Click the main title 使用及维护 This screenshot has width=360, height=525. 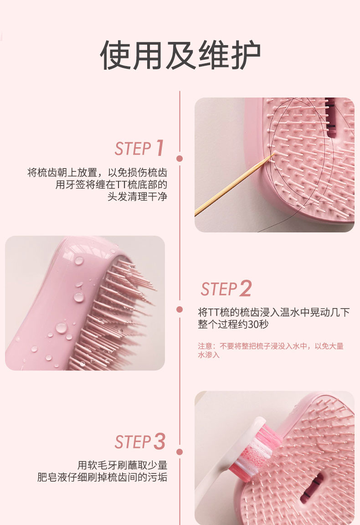click(180, 55)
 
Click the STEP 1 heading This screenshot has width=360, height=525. click(139, 149)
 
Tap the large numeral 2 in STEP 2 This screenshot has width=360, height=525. click(245, 288)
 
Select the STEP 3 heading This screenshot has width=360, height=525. click(140, 442)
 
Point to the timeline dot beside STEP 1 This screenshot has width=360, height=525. click(180, 159)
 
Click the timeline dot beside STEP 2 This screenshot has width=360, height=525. click(180, 309)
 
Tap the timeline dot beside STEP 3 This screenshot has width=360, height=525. click(180, 452)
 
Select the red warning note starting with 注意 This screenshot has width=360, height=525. click(271, 350)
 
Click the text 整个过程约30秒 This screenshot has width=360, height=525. click(233, 324)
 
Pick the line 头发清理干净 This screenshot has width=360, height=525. click(137, 196)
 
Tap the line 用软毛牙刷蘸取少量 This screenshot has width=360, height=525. click(122, 465)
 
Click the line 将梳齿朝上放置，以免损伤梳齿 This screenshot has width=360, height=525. click(97, 172)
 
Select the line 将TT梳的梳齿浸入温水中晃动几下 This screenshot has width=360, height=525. click(274, 312)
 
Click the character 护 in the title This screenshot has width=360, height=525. click(246, 55)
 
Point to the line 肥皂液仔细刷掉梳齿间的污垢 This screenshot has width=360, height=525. click(102, 477)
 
